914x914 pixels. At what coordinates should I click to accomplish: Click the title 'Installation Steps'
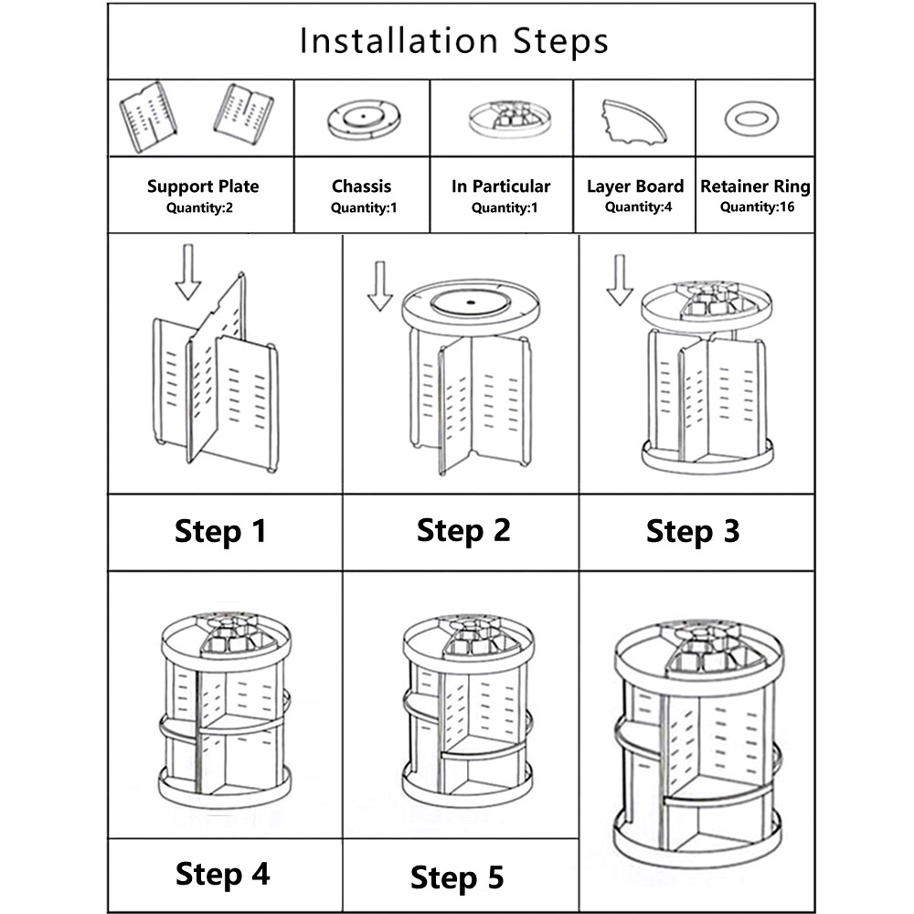tap(454, 41)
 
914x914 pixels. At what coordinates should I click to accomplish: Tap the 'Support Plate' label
tap(203, 186)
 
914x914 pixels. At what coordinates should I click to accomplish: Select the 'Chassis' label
tap(361, 186)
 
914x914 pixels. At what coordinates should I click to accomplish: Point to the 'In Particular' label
tap(501, 186)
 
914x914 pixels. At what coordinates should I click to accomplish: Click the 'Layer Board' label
tap(635, 186)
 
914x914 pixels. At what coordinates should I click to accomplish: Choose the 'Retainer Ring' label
tap(755, 186)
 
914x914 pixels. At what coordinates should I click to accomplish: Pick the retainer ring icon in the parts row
tap(751, 118)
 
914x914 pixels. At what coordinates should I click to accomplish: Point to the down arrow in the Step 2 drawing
tap(380, 285)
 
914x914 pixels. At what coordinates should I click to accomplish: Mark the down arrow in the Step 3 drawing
tap(620, 279)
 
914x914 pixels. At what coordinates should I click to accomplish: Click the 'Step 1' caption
tap(220, 531)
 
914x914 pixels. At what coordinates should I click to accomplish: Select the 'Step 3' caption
tap(692, 531)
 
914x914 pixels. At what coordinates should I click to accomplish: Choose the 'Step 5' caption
tap(457, 877)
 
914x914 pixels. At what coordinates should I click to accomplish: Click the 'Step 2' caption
tap(463, 530)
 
